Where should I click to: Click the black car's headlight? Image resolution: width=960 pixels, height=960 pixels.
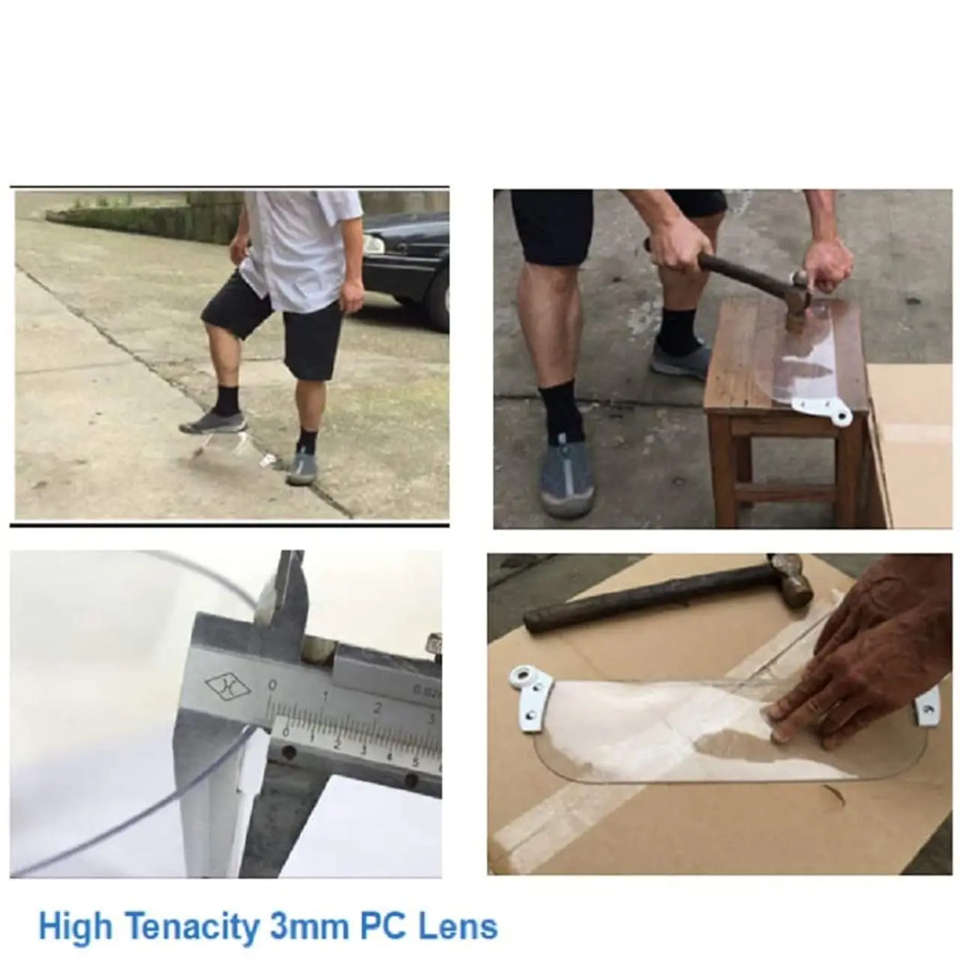coord(373,244)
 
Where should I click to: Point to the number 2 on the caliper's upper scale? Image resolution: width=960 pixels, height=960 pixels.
coord(377,707)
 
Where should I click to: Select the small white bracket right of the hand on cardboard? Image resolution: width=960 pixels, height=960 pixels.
coord(927,707)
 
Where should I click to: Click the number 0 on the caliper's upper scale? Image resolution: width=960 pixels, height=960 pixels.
coord(272,685)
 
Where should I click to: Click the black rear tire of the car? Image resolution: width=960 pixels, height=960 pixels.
coord(441,302)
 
